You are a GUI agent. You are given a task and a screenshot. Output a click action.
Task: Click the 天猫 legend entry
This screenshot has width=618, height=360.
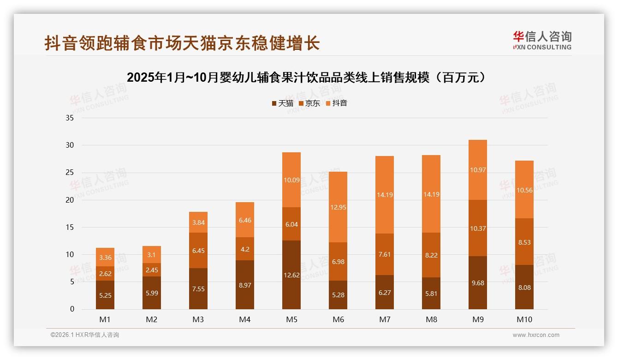pyautogui.click(x=282, y=103)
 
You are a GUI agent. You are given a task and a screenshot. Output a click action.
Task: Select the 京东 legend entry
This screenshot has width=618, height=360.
pyautogui.click(x=309, y=103)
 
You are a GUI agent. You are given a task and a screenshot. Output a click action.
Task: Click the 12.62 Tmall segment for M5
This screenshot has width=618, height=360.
pyautogui.click(x=291, y=275)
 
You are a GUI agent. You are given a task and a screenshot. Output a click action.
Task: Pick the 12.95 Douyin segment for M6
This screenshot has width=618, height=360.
pyautogui.click(x=338, y=207)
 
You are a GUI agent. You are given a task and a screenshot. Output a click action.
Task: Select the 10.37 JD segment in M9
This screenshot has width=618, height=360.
pyautogui.click(x=477, y=228)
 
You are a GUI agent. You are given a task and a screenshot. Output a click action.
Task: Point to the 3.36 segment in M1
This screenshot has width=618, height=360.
pyautogui.click(x=105, y=257)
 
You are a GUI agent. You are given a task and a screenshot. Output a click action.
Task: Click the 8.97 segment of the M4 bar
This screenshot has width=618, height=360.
pyautogui.click(x=244, y=285)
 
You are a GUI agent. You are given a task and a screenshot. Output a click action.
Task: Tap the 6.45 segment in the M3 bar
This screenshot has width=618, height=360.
pyautogui.click(x=198, y=250)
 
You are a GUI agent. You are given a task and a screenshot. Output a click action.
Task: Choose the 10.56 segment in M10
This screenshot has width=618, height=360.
pyautogui.click(x=524, y=189)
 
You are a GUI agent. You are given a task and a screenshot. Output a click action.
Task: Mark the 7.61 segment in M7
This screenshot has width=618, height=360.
pyautogui.click(x=384, y=254)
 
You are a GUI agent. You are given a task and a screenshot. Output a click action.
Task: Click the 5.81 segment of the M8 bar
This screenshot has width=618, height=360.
pyautogui.click(x=431, y=293)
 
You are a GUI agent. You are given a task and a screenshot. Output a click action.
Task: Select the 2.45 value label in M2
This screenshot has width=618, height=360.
pyautogui.click(x=152, y=270)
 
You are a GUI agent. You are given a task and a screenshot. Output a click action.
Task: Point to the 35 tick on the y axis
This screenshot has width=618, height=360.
pyautogui.click(x=70, y=118)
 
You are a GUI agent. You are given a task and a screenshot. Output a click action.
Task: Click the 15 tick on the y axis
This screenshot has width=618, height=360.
pyautogui.click(x=70, y=227)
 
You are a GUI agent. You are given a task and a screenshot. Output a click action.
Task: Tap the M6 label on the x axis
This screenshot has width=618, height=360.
pyautogui.click(x=338, y=319)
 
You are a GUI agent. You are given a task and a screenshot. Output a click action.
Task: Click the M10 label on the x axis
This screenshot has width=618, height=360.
pyautogui.click(x=524, y=319)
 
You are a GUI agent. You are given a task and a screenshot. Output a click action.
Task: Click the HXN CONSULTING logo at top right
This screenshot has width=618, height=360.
pyautogui.click(x=542, y=41)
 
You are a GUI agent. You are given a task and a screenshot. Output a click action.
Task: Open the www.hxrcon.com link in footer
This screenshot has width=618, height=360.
pyautogui.click(x=535, y=335)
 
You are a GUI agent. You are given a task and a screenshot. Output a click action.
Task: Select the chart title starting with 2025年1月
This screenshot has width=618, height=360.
pyautogui.click(x=307, y=77)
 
